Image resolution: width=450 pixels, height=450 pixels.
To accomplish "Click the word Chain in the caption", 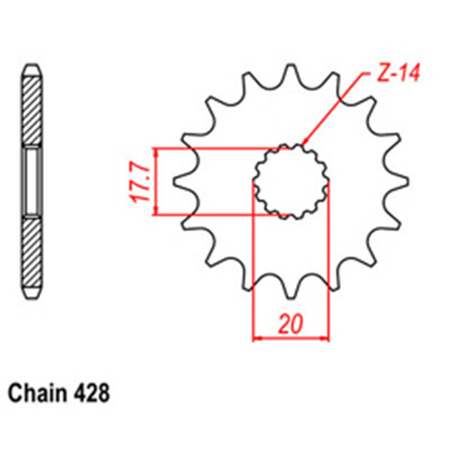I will pyautogui.click(x=34, y=393).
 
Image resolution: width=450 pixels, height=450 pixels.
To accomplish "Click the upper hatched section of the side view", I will pyautogui.click(x=32, y=112).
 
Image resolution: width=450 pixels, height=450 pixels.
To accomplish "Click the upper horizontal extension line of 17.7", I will pyautogui.click(x=216, y=148).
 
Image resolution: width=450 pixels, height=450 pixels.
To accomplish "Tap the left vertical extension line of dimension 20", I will pyautogui.click(x=253, y=270).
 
